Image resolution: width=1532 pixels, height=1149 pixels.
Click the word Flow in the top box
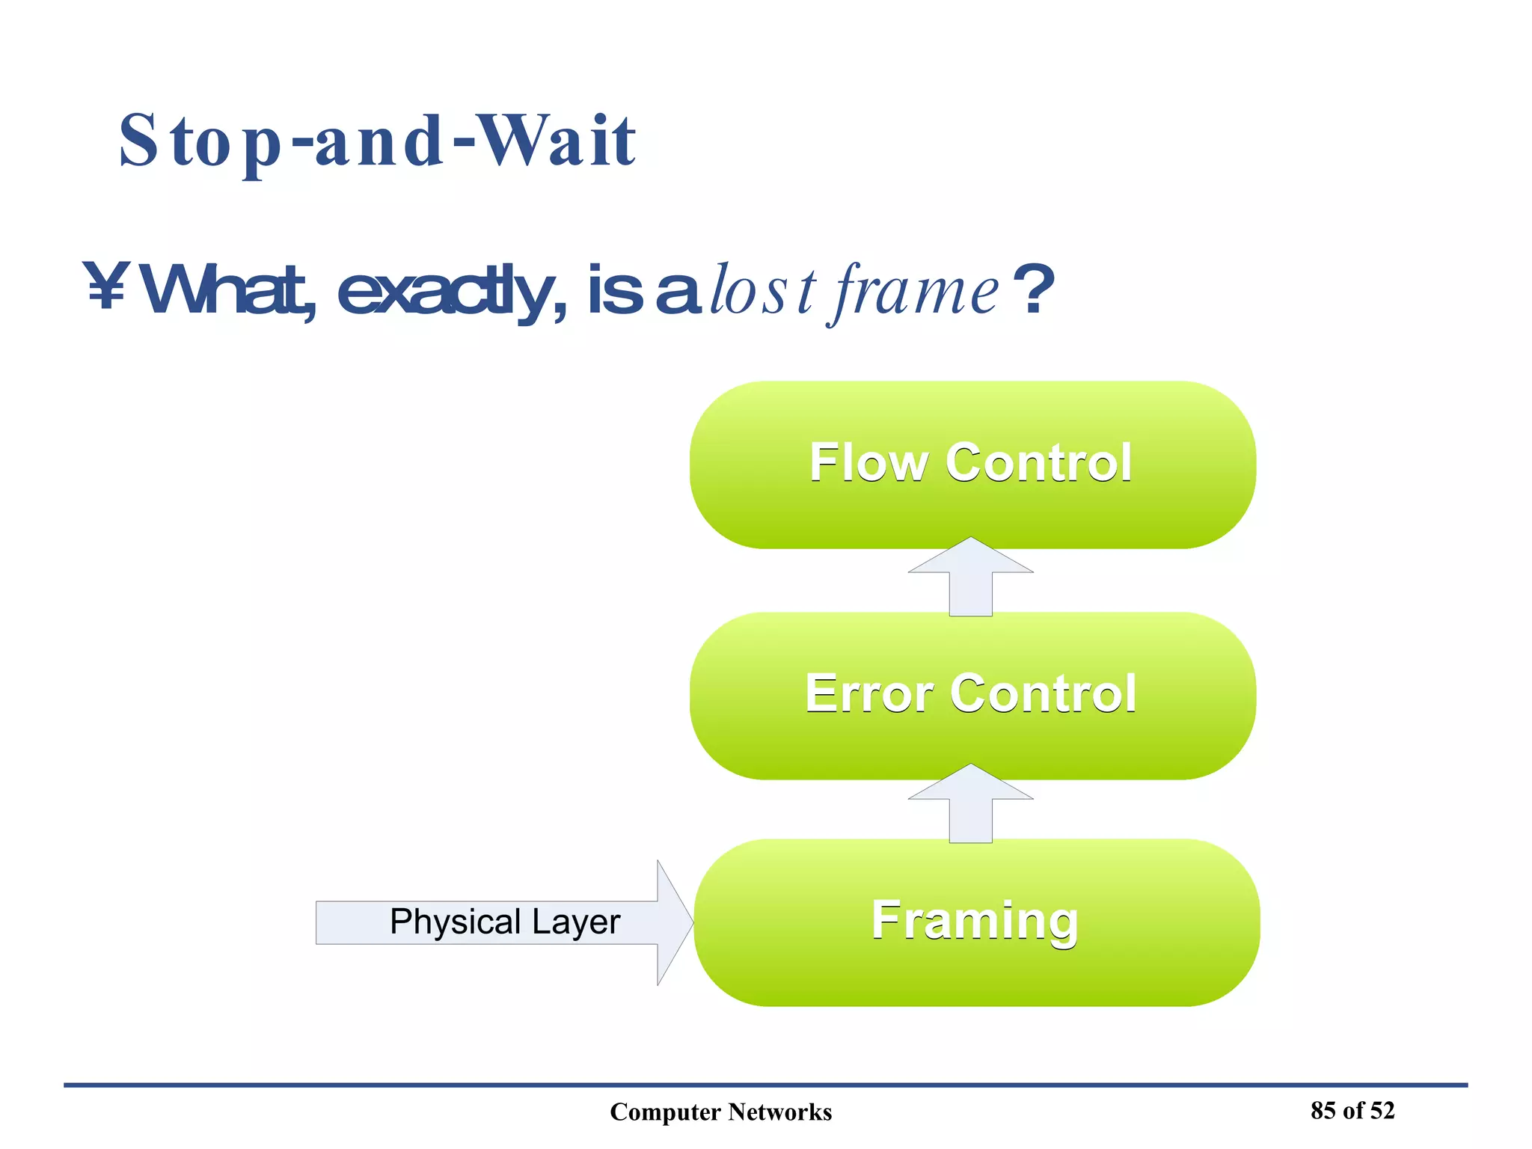[868, 463]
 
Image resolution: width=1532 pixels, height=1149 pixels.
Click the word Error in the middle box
[869, 693]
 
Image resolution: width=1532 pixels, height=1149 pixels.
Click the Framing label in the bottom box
[975, 921]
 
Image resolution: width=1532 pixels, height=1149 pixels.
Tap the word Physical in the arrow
[455, 922]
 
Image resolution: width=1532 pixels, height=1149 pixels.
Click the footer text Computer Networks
[720, 1112]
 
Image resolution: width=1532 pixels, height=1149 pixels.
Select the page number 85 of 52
[1352, 1110]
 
